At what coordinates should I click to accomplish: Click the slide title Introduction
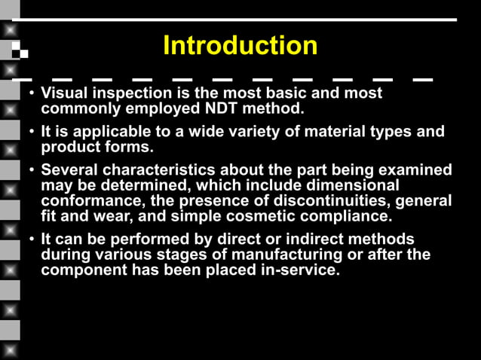click(x=240, y=46)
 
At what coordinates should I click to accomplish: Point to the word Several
click(x=69, y=170)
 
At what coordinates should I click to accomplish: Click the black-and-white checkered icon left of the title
click(x=20, y=50)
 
